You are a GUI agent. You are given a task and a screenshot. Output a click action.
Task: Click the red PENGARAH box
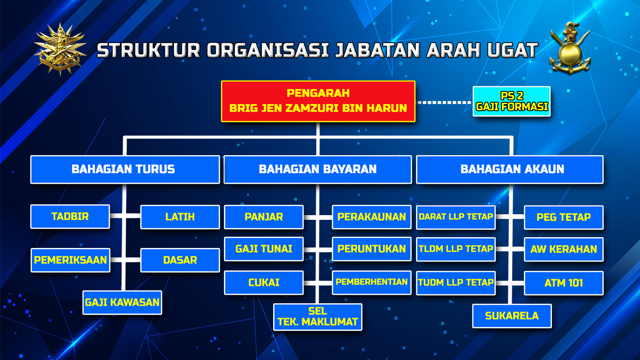[318, 101]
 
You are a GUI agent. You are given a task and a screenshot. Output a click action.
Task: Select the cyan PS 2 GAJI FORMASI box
[512, 101]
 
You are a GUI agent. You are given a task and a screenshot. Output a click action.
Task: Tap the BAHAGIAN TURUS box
[125, 169]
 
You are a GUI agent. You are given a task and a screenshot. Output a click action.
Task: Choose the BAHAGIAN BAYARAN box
[318, 169]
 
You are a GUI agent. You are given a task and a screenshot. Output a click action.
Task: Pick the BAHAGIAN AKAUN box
[510, 169]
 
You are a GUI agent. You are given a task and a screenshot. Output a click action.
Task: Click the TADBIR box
[70, 217]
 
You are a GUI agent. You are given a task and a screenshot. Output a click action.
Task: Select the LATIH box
[180, 217]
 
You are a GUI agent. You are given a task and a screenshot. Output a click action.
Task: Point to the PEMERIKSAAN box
[70, 260]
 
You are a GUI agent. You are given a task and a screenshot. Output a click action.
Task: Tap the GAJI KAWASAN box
[122, 302]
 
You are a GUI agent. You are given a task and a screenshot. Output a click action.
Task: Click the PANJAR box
[264, 217]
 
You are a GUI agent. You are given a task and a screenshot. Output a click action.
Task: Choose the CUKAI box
[264, 283]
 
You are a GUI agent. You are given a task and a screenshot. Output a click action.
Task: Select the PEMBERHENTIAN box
[372, 283]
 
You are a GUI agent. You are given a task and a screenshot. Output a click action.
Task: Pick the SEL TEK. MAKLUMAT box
[318, 317]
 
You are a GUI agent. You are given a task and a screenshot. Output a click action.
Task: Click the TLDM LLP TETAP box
[456, 249]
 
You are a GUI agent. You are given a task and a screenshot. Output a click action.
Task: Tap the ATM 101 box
[564, 283]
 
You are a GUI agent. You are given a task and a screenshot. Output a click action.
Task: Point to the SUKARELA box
[512, 315]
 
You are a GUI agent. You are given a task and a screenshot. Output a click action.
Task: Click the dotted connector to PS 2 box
[444, 102]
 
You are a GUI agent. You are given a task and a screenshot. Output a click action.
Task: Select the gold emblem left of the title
[60, 49]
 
